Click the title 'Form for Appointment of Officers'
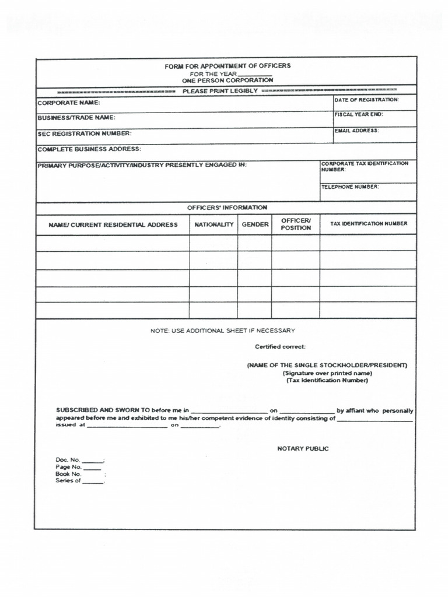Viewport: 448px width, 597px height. click(x=227, y=66)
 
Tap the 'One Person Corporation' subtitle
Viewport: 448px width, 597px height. click(x=227, y=80)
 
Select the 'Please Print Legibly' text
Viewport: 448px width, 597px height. click(x=220, y=92)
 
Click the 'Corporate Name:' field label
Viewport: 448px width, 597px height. click(x=69, y=103)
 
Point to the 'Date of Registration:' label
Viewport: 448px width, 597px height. click(x=366, y=100)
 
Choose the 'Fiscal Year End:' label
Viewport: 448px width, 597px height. click(x=358, y=114)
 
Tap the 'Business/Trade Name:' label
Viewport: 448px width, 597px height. click(x=76, y=118)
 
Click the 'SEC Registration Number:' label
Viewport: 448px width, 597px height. click(x=85, y=134)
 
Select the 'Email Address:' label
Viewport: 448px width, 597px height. click(x=356, y=131)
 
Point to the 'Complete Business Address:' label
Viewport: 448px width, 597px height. click(x=89, y=149)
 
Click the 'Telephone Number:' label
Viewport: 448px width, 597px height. click(x=350, y=187)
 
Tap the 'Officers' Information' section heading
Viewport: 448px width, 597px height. click(x=227, y=208)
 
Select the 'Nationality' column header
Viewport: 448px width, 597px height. click(x=213, y=224)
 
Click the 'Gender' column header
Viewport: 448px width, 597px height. click(x=255, y=224)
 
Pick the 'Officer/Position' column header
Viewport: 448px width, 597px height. click(x=296, y=224)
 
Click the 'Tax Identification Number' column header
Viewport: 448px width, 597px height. click(x=369, y=224)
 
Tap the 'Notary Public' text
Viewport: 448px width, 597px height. click(x=303, y=449)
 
